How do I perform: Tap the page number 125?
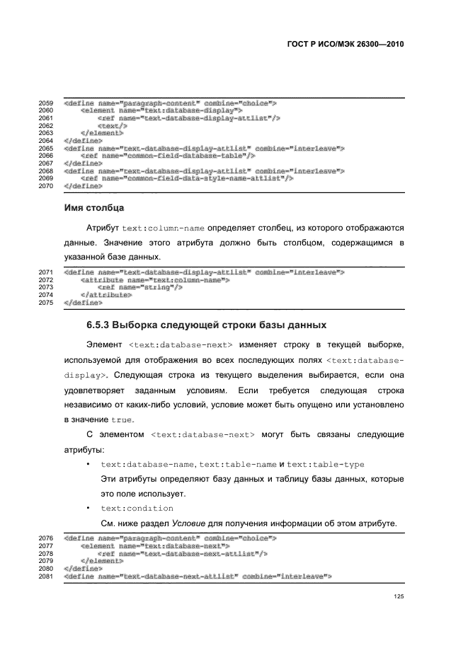coord(398,596)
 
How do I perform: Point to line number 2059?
coord(45,103)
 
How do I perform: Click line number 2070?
coord(45,185)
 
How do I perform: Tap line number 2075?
coord(45,303)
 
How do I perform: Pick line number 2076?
coord(45,539)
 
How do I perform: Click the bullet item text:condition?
coord(137,508)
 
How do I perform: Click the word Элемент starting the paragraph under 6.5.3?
coord(105,344)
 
